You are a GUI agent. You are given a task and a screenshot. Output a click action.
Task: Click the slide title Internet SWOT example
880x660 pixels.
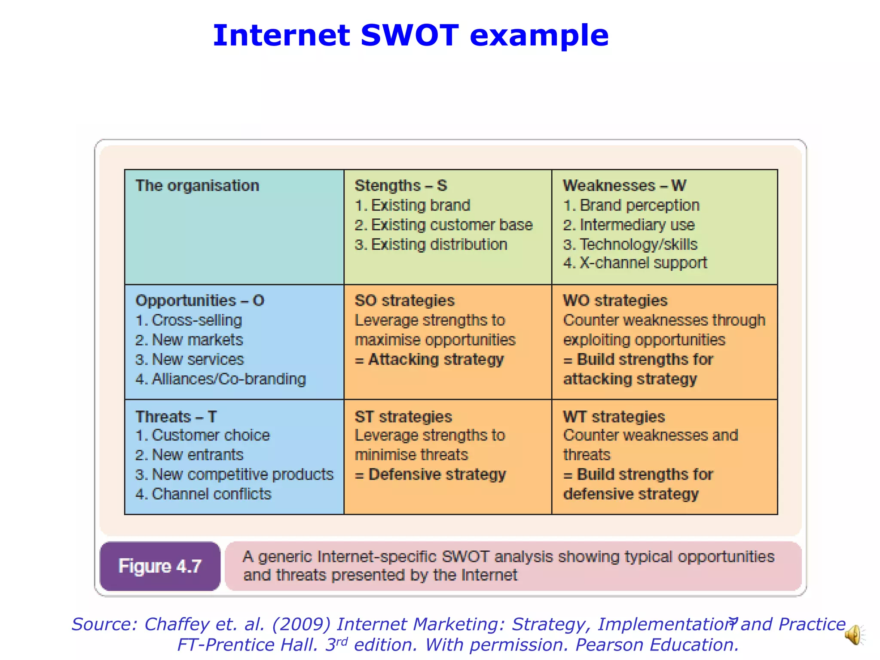[410, 35]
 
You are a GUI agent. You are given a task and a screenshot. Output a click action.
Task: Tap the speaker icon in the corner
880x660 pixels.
[855, 635]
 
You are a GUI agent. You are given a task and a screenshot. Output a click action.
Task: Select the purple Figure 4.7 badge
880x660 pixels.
[160, 566]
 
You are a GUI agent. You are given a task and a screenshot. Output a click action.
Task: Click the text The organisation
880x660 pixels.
[197, 186]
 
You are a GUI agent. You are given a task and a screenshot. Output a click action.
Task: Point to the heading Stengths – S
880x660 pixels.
[400, 186]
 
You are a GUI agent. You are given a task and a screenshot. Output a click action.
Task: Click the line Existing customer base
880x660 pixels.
[443, 225]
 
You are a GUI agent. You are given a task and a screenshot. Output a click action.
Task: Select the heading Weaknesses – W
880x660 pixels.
[624, 186]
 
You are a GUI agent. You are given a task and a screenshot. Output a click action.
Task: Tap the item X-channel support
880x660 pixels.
[635, 263]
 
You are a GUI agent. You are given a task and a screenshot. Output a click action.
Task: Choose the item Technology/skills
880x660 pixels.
[630, 244]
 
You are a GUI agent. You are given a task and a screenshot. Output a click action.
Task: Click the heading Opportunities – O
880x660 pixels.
[200, 300]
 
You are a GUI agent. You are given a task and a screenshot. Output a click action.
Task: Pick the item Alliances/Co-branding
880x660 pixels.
[220, 379]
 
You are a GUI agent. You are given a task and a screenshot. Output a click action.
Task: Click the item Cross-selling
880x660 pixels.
[189, 320]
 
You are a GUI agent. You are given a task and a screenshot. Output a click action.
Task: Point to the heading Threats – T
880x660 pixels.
[176, 416]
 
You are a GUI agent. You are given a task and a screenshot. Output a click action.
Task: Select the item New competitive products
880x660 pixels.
[234, 474]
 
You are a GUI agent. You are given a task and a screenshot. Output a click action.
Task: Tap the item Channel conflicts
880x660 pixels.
[203, 494]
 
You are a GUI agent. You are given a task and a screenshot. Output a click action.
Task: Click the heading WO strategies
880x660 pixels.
[615, 300]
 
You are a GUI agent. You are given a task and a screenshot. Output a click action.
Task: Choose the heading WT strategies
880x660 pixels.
[614, 416]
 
